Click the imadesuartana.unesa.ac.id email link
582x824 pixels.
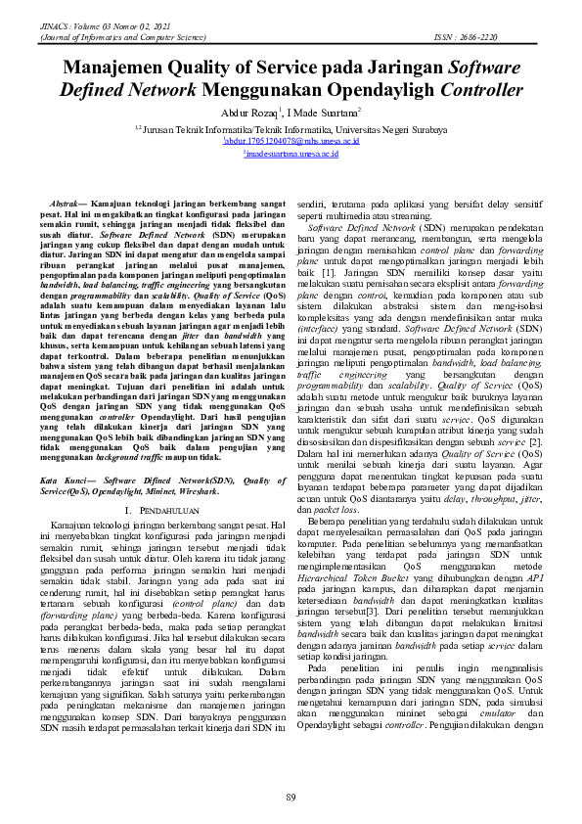(291, 154)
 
